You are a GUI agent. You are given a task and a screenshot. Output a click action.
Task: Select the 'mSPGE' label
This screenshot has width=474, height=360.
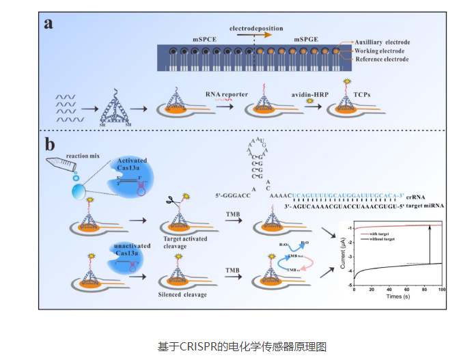pyautogui.click(x=305, y=40)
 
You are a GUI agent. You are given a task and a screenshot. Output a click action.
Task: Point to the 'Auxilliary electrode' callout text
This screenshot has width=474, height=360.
pyautogui.click(x=384, y=42)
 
